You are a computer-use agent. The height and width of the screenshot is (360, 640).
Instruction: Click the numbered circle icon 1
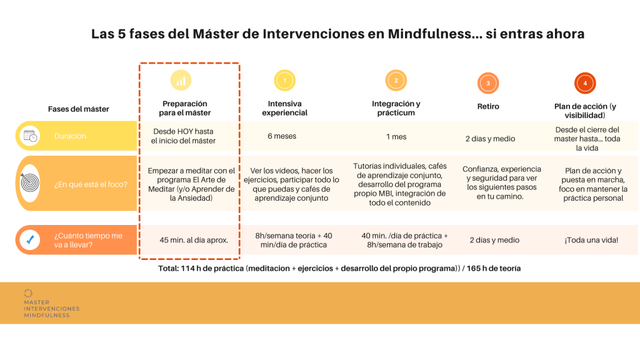tap(284, 81)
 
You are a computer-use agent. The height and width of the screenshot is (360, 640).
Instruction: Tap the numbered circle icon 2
tap(396, 81)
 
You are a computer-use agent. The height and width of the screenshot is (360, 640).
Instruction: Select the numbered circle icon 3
tap(488, 83)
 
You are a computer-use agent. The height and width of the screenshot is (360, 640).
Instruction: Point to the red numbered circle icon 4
tap(585, 83)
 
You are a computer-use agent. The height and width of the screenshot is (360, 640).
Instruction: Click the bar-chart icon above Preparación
tap(181, 80)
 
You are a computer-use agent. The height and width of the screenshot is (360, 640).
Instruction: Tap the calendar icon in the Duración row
tap(30, 136)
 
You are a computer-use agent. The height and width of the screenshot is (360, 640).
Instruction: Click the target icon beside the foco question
tap(30, 183)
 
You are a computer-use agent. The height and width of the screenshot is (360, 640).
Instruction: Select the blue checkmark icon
tap(30, 239)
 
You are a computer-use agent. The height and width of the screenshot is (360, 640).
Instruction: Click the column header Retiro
tap(488, 106)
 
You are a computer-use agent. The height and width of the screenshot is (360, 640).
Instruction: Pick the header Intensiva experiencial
tap(284, 108)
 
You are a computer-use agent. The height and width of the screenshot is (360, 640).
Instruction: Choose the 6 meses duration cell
tap(282, 136)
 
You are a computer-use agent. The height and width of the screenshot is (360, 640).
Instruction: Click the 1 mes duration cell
tap(396, 137)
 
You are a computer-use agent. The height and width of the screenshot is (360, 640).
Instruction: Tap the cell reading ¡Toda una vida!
tap(591, 240)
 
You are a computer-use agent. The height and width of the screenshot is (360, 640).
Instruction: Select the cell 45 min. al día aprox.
tap(194, 240)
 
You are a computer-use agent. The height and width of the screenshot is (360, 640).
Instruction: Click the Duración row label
tap(70, 136)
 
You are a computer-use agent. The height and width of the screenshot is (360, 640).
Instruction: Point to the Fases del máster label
tap(79, 109)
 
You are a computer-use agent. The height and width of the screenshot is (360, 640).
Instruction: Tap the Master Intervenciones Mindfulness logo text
tap(52, 309)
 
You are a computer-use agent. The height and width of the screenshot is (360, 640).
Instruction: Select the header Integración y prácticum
tap(396, 108)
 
